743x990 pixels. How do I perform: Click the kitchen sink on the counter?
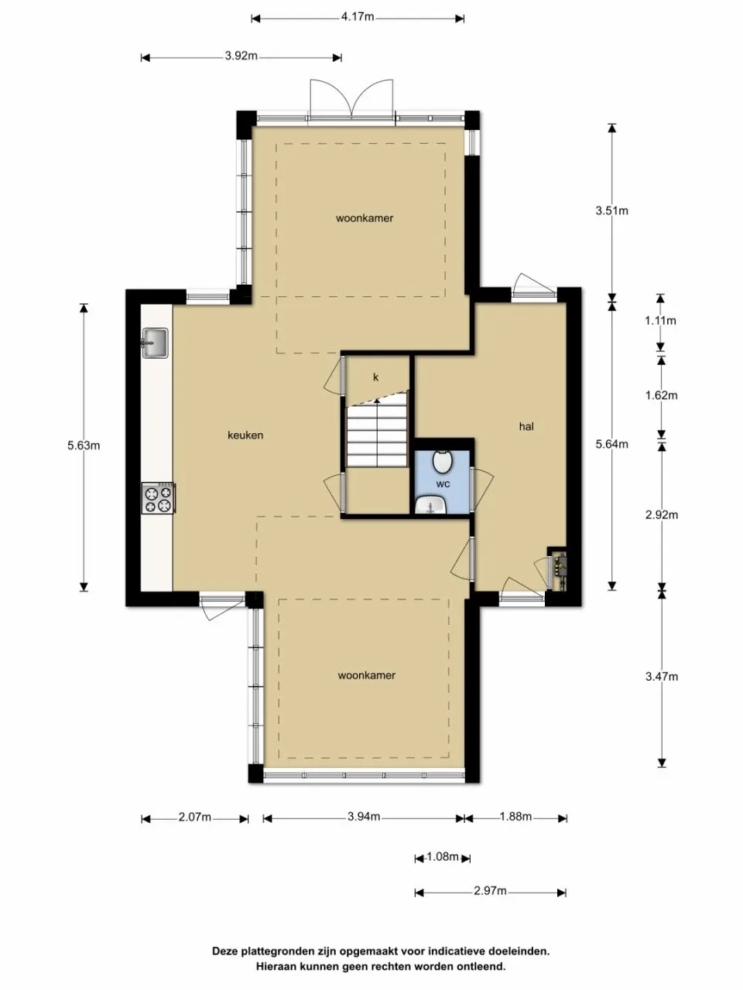tap(155, 343)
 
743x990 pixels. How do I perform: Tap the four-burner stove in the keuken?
tap(158, 498)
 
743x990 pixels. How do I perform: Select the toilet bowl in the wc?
tap(442, 462)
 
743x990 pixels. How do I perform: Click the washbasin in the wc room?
tap(430, 505)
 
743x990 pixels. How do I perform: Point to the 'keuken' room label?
tap(245, 435)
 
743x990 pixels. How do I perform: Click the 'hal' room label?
tap(526, 426)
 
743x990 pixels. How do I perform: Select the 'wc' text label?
tap(443, 483)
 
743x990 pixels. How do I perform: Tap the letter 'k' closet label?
tap(376, 377)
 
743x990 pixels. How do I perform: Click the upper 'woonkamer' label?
tap(364, 218)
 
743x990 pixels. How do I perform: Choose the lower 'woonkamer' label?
tap(366, 675)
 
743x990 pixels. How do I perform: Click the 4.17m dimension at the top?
tap(357, 17)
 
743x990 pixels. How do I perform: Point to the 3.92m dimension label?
tap(241, 56)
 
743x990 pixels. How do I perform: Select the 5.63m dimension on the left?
tap(83, 445)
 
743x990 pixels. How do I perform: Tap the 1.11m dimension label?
tap(660, 320)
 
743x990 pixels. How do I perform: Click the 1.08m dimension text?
tap(443, 857)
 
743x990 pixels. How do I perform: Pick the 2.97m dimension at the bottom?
tap(490, 891)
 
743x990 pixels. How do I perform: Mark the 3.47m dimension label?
tap(661, 676)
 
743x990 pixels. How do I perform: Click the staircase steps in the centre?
tap(376, 435)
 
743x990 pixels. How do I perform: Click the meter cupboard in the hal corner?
tap(558, 569)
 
